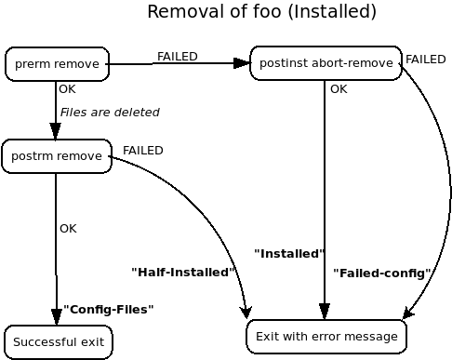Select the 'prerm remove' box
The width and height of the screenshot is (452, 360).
(x=57, y=64)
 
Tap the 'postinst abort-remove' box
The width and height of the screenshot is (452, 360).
(x=326, y=63)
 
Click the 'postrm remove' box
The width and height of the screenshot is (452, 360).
(x=56, y=155)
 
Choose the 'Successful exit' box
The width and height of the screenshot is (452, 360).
(x=58, y=342)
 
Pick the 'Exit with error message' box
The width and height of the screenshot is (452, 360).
(x=326, y=336)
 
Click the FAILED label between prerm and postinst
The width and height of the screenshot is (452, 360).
(x=177, y=57)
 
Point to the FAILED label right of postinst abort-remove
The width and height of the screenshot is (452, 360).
(x=425, y=60)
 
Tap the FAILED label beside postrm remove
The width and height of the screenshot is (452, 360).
(x=142, y=151)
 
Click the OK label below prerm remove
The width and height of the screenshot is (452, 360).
(x=67, y=90)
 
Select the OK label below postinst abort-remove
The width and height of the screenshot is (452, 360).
(x=339, y=90)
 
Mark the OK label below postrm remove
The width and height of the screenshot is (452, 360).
(x=68, y=229)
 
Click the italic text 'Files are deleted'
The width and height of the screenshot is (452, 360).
(x=110, y=113)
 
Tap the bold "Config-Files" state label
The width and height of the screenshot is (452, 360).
(x=108, y=310)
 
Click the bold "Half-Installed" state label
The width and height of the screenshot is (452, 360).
(x=183, y=273)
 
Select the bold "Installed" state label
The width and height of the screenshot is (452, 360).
(x=288, y=254)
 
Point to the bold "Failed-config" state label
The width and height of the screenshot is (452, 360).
(x=381, y=273)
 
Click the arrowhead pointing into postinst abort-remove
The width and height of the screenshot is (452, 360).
(x=242, y=63)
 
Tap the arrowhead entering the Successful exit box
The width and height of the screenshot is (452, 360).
(x=57, y=316)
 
